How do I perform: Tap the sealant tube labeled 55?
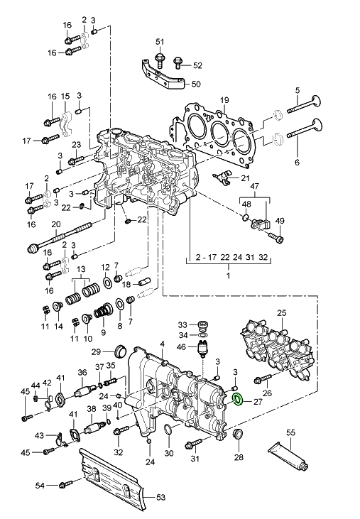288,457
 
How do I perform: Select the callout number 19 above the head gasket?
224,100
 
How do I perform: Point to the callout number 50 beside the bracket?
196,84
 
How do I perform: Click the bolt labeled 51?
160,59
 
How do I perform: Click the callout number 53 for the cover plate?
160,498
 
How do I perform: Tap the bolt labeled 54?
67,485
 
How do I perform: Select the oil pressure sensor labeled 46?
202,349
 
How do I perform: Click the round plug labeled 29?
121,351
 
